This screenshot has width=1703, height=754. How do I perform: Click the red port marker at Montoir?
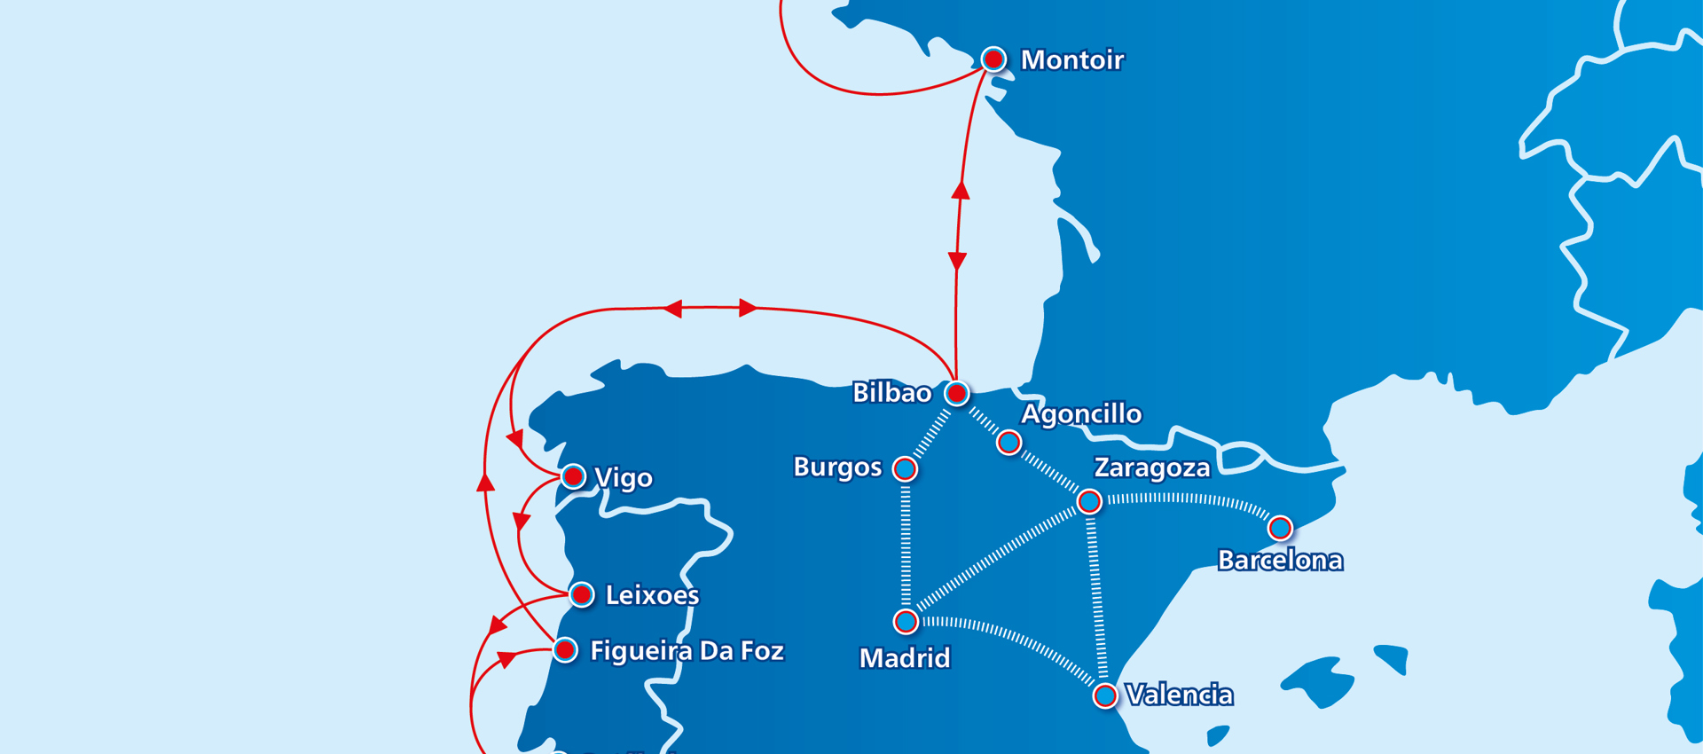(993, 59)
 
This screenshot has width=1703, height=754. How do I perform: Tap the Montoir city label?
(1072, 60)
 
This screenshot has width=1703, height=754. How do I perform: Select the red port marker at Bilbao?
(956, 393)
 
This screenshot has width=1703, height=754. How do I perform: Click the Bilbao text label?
(891, 393)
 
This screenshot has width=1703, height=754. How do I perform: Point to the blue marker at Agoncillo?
(1008, 442)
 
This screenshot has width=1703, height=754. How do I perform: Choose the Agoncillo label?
(1081, 414)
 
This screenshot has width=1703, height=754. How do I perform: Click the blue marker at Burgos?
(905, 468)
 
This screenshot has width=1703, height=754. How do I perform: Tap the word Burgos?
(837, 467)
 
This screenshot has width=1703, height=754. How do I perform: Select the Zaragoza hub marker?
(1089, 501)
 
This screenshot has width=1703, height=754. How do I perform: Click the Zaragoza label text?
(1152, 468)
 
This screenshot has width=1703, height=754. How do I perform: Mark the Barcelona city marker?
(1279, 529)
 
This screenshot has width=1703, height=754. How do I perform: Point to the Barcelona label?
(1280, 561)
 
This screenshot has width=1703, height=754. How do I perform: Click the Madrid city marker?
(906, 622)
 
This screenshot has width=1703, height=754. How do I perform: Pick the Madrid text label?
(905, 658)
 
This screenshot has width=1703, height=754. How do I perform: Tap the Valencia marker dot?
(1105, 695)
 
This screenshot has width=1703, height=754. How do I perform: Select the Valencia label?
(1179, 695)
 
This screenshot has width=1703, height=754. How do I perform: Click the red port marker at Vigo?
(574, 477)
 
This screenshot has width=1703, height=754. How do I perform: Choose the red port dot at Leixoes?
(582, 594)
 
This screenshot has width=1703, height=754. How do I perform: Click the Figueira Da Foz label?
(687, 651)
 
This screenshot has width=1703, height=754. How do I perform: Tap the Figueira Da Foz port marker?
(565, 650)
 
